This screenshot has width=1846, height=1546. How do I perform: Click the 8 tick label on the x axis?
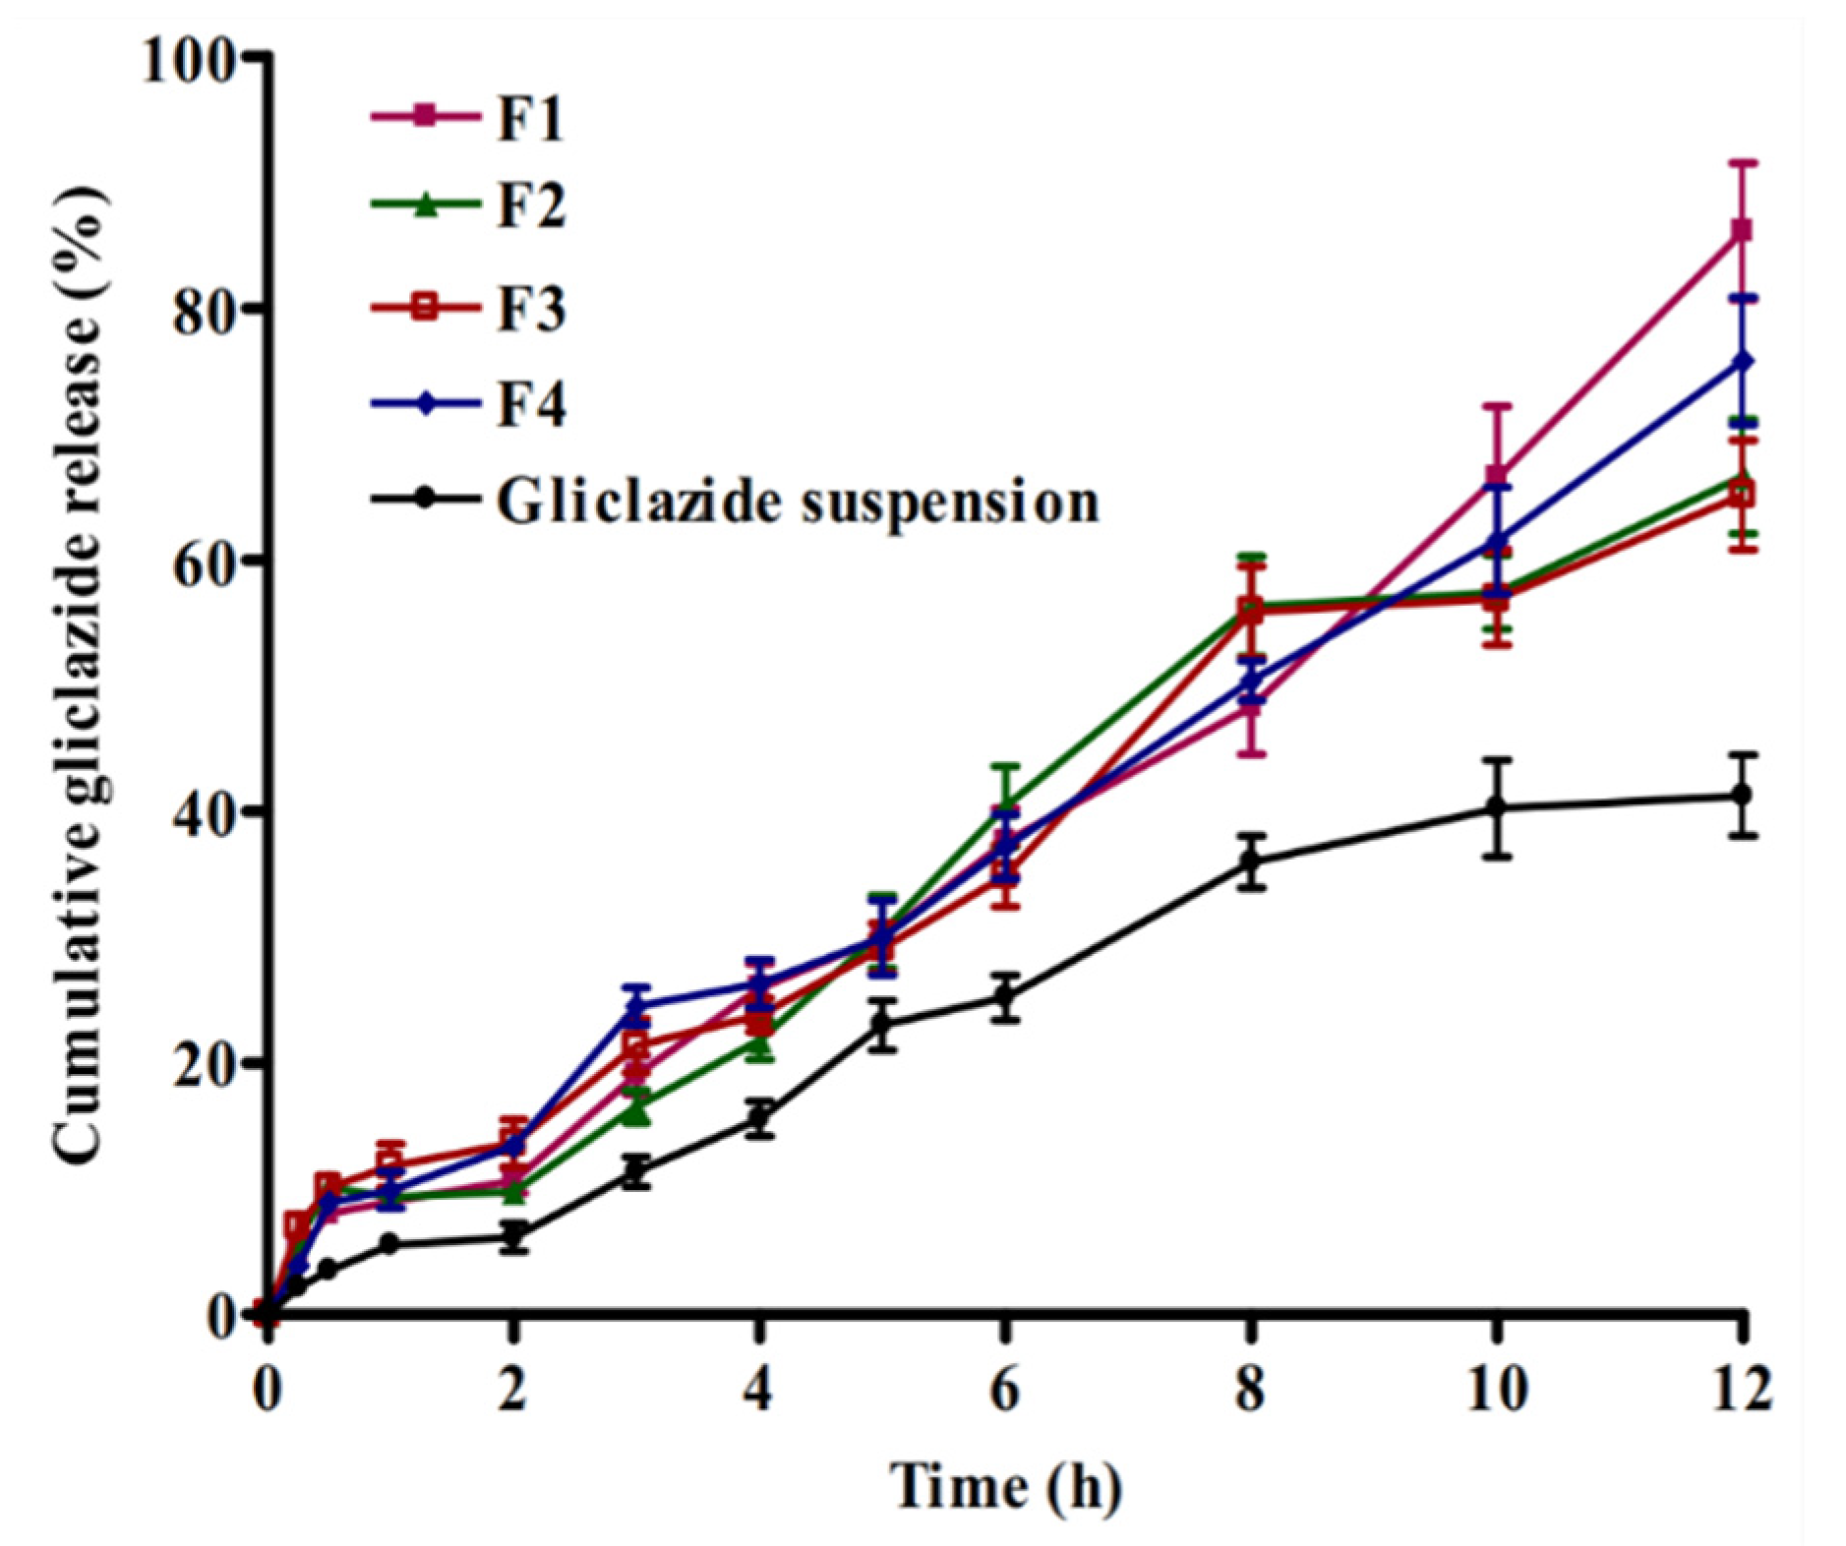(1249, 1391)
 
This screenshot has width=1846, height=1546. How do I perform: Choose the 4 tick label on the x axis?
(757, 1391)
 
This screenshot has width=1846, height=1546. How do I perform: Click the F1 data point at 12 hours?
(1742, 230)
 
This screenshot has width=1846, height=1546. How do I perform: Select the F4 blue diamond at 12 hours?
(1742, 362)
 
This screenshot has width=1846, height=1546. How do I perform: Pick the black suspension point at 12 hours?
(1742, 794)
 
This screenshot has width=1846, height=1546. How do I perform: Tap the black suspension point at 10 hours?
(1496, 807)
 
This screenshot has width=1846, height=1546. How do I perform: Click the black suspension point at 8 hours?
(1250, 862)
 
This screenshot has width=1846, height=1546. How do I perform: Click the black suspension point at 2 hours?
(512, 1238)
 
